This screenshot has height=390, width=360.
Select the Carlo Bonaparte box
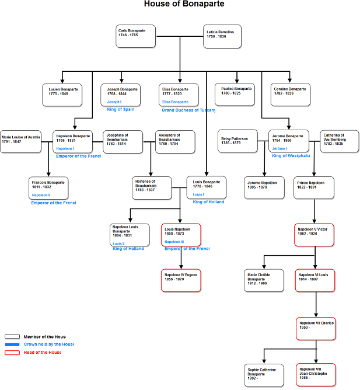(x=136, y=36)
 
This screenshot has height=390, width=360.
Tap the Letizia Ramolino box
(x=223, y=36)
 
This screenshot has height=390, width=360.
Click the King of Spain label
(x=120, y=109)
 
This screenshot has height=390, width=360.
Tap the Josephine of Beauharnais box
(x=123, y=141)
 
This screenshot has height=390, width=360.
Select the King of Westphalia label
(x=291, y=156)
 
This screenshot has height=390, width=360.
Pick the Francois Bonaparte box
(x=48, y=187)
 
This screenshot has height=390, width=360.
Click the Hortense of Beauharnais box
(x=152, y=187)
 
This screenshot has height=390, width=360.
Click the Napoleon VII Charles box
(x=316, y=328)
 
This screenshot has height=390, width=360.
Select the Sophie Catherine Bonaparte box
(x=264, y=375)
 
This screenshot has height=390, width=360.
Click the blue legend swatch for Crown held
(x=12, y=344)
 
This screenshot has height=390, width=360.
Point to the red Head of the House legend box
(x=12, y=352)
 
